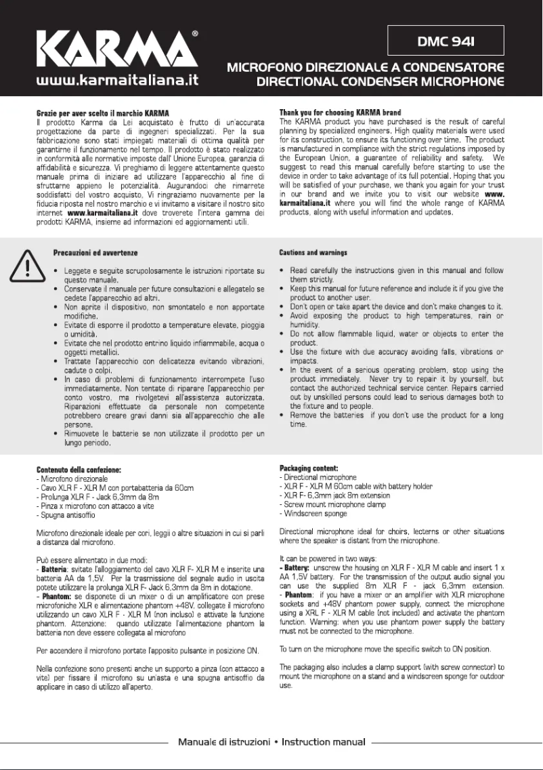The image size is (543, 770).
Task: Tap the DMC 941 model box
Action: coord(446,41)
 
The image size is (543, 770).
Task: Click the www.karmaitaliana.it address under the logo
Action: coord(116,81)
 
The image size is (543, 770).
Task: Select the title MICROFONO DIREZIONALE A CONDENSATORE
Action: coord(366,68)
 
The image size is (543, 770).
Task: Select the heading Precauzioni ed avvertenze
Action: coord(95,253)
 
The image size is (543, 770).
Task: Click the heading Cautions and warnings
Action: coord(313,253)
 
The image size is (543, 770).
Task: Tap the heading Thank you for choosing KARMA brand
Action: coord(340,113)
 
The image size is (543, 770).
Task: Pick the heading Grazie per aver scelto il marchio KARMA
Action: coord(102,113)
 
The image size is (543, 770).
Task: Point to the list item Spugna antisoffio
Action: coord(66,515)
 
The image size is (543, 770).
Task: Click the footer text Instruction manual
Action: coord(324,742)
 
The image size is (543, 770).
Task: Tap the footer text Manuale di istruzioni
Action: coord(224,742)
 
